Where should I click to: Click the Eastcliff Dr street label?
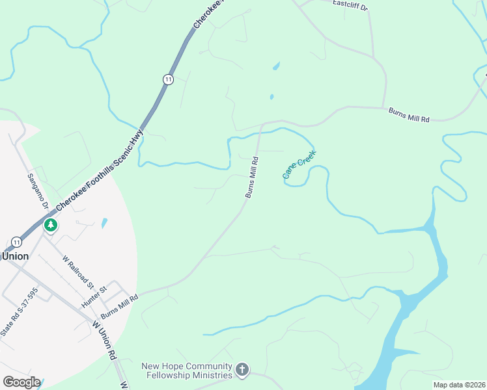pyautogui.click(x=350, y=5)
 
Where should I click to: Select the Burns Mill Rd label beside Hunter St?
pyautogui.click(x=119, y=304)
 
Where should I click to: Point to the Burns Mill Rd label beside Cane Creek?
pyautogui.click(x=252, y=177)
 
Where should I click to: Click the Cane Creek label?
pyautogui.click(x=299, y=165)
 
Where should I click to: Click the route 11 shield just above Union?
pyautogui.click(x=16, y=242)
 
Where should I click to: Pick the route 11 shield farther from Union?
pyautogui.click(x=168, y=79)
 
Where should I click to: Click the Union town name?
pyautogui.click(x=15, y=256)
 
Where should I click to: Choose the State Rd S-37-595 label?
pyautogui.click(x=20, y=313)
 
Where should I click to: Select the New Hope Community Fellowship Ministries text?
pyautogui.click(x=187, y=370)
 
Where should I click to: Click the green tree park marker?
pyautogui.click(x=50, y=226)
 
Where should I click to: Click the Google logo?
pyautogui.click(x=21, y=382)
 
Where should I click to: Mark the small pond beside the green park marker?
pyautogui.click(x=104, y=223)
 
